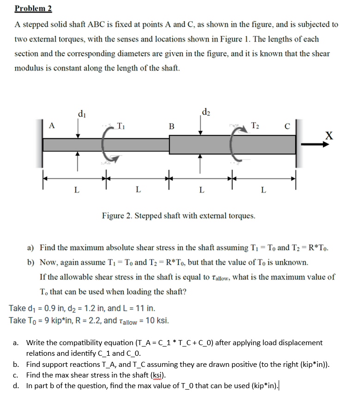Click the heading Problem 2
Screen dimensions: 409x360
pos(33,8)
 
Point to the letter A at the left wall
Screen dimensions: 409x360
pos(52,125)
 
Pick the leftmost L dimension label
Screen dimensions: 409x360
pos(77,190)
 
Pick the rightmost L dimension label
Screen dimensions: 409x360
pos(263,190)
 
